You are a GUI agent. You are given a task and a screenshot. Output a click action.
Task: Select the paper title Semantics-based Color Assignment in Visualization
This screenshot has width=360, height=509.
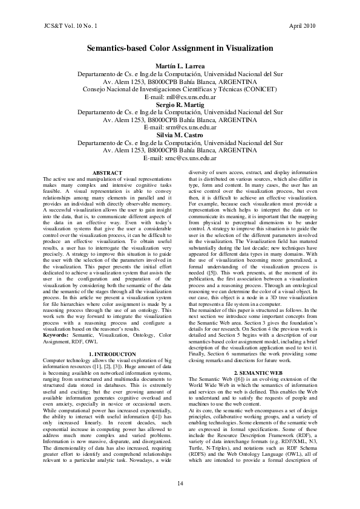[180, 48]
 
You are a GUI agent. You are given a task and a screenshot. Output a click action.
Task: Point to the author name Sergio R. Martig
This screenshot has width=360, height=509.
[180, 104]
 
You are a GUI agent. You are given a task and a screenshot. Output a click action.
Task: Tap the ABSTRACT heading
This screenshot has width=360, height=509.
[107, 173]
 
